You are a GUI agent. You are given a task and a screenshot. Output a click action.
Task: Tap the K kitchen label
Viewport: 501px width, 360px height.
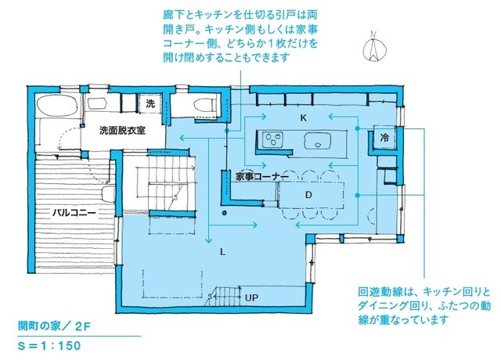click(x=302, y=117)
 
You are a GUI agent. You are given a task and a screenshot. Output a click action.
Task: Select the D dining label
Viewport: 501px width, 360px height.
click(x=308, y=193)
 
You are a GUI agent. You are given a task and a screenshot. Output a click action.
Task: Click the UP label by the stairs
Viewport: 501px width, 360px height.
click(x=252, y=298)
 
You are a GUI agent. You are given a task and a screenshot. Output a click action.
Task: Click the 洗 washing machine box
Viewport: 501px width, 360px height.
click(x=150, y=103)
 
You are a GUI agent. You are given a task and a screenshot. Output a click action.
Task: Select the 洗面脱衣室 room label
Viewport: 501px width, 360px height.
click(x=122, y=131)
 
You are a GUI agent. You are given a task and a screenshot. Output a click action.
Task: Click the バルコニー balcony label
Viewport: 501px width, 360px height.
click(x=74, y=212)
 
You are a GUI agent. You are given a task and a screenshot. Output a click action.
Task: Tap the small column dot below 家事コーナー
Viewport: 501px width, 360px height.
click(x=224, y=212)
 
